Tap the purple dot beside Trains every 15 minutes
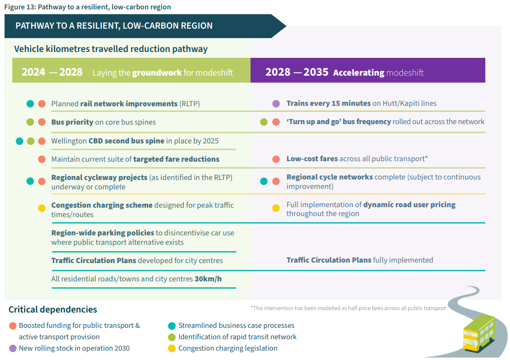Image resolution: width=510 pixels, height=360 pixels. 276,104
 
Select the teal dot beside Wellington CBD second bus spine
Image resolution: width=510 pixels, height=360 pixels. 20,141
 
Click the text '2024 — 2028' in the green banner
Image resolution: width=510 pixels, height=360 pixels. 52,72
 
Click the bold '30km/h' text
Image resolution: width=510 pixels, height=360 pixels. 208,279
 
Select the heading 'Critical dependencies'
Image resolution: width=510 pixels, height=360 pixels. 53,310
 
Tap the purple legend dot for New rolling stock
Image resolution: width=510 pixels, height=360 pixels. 13,348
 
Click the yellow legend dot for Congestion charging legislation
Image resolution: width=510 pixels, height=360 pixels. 172,348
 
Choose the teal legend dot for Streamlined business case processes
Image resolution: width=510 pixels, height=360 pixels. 172,325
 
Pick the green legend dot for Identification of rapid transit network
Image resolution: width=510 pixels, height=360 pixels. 172,337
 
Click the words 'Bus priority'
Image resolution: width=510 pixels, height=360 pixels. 72,122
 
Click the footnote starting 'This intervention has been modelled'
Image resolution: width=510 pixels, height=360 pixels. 348,308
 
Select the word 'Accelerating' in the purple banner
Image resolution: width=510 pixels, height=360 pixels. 358,73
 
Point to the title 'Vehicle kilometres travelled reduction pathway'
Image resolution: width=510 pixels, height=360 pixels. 111,49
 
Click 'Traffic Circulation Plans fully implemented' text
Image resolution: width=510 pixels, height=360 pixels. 359,260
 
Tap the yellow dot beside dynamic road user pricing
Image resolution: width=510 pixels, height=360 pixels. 276,208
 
